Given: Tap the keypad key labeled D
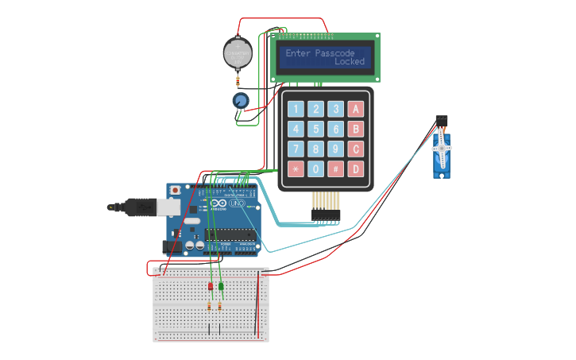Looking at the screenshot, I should (x=356, y=168).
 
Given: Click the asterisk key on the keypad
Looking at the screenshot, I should (x=296, y=168).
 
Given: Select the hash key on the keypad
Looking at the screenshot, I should (x=336, y=168).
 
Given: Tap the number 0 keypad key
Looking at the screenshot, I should (x=316, y=168).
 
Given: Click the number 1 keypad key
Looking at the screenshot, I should (x=296, y=109).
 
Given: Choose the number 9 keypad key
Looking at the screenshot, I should (x=336, y=149).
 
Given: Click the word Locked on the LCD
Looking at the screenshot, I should (x=350, y=62).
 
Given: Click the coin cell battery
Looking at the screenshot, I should (x=238, y=53).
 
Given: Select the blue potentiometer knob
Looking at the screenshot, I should (x=240, y=101).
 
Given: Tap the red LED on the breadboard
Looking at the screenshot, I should (x=211, y=286).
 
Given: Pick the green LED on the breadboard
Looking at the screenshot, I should (x=221, y=286).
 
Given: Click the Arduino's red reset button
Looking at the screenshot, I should (x=174, y=192).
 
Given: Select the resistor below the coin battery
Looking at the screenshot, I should (x=238, y=80).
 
